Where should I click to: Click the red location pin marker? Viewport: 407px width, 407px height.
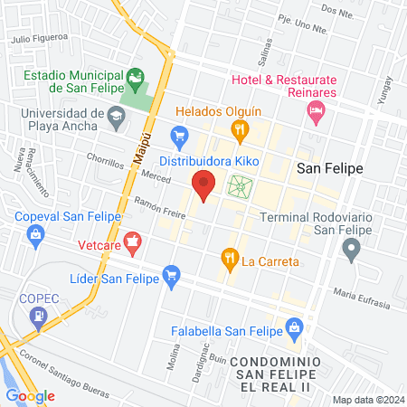click(203, 185)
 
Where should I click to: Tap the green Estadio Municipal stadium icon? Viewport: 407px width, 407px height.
click(135, 80)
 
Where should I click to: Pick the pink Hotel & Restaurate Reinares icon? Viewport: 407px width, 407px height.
click(316, 114)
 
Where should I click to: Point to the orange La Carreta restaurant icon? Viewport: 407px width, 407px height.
click(230, 260)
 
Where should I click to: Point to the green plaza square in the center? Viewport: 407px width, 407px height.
click(240, 187)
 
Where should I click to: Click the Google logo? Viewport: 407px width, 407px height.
click(30, 395)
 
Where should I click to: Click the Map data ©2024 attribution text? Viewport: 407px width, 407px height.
click(367, 399)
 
